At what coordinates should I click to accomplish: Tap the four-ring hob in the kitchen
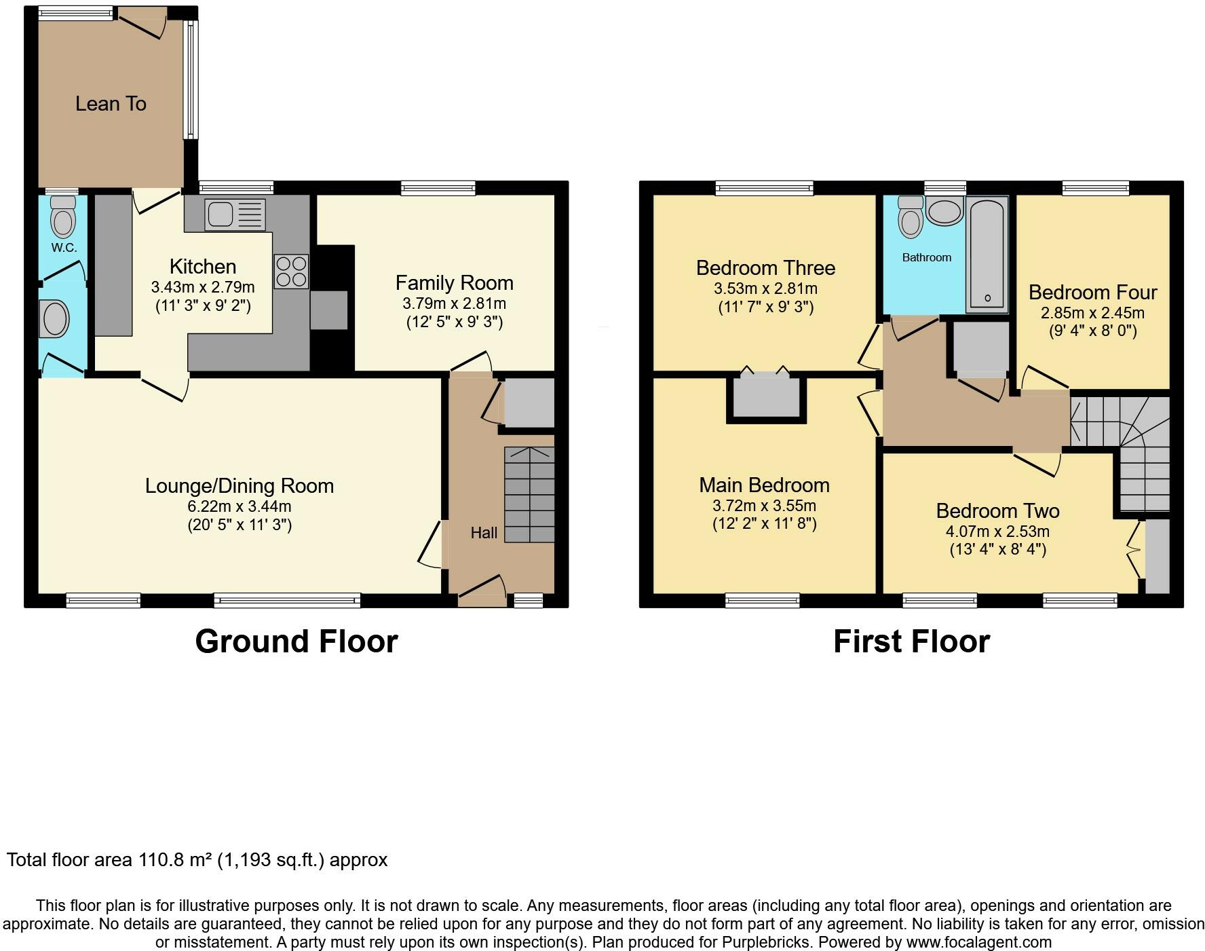[292, 270]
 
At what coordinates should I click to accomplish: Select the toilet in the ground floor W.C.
[64, 217]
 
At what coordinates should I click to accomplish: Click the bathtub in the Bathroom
[987, 255]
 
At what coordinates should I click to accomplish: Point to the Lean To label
[111, 104]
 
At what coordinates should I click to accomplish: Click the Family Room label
[454, 282]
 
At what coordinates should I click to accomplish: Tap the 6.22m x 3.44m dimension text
[240, 506]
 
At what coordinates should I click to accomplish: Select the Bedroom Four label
[1092, 293]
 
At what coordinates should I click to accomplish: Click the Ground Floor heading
[296, 641]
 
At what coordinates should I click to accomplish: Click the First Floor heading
[911, 641]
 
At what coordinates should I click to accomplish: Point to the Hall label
[484, 533]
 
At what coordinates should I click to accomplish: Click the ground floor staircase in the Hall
[529, 494]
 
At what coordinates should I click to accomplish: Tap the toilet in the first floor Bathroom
[910, 217]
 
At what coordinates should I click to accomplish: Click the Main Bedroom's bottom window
[762, 600]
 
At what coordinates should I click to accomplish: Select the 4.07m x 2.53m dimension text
[997, 532]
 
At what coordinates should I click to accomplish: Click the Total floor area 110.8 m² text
[197, 860]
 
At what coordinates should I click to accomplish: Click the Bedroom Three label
[765, 267]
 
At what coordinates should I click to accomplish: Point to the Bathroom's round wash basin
[944, 211]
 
